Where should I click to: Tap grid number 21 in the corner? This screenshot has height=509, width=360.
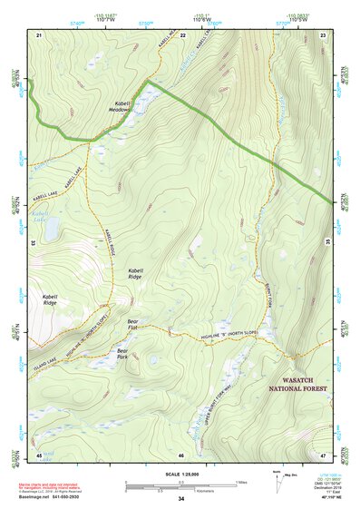(x=39, y=34)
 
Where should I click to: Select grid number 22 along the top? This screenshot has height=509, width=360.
(x=183, y=34)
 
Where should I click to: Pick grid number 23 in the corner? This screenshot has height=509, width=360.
(x=324, y=34)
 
